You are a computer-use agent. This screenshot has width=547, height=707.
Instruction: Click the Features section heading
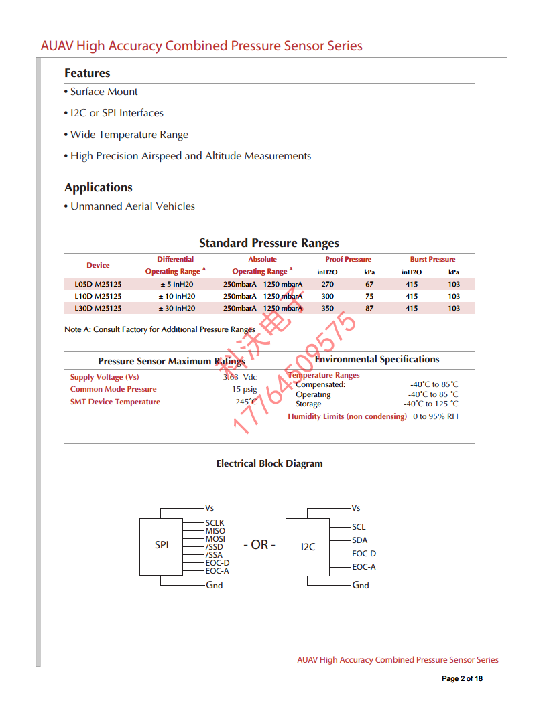[x=87, y=73]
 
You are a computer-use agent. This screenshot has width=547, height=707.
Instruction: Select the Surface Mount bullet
[x=104, y=92]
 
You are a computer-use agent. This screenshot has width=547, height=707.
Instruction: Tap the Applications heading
[x=99, y=187]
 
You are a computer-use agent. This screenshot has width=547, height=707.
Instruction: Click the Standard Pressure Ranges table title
[x=269, y=243]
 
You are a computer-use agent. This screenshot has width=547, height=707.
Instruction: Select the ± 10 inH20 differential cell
[x=177, y=296]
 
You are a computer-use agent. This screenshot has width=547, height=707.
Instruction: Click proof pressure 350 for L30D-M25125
[x=327, y=308]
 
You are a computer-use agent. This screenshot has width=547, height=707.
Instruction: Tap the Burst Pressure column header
[x=432, y=259]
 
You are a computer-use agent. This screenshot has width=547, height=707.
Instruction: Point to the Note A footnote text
[x=160, y=329]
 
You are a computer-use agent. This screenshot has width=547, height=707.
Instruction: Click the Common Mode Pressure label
[x=113, y=389]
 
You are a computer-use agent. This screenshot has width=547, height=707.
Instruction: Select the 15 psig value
[x=245, y=389]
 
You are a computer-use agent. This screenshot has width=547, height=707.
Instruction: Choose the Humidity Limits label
[x=347, y=416]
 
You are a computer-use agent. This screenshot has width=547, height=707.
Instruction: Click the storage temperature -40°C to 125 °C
[x=431, y=404]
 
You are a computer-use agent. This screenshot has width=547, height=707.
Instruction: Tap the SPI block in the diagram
[x=162, y=546]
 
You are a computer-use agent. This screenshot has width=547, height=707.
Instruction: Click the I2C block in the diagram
[x=308, y=547]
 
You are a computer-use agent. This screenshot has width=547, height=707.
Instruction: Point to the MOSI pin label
[x=215, y=539]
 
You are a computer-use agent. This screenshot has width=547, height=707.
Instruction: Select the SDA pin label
[x=359, y=540]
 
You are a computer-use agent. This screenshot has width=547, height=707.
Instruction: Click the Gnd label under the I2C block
[x=361, y=585]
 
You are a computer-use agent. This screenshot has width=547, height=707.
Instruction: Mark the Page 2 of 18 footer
[x=462, y=679]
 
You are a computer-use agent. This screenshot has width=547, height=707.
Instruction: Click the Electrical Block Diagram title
[x=269, y=463]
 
